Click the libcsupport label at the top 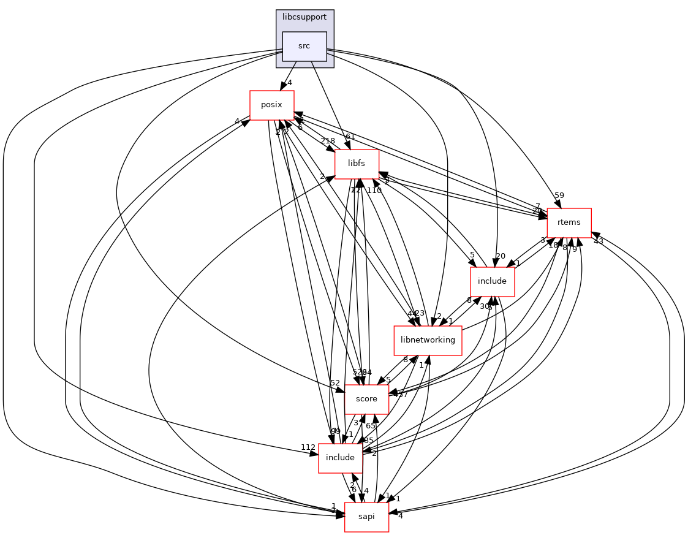point(304,17)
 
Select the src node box point(304,46)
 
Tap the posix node point(271,105)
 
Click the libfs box point(357,164)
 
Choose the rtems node point(569,222)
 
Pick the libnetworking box point(428,340)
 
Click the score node point(366,399)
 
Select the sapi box point(366,517)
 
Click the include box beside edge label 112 point(340,458)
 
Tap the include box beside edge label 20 point(491,281)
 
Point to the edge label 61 point(350,137)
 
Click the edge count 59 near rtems point(559,195)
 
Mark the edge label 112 point(308,447)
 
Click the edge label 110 point(374,191)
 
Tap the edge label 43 point(598,241)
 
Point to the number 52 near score point(335,383)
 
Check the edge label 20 point(500,256)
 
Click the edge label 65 point(371,425)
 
